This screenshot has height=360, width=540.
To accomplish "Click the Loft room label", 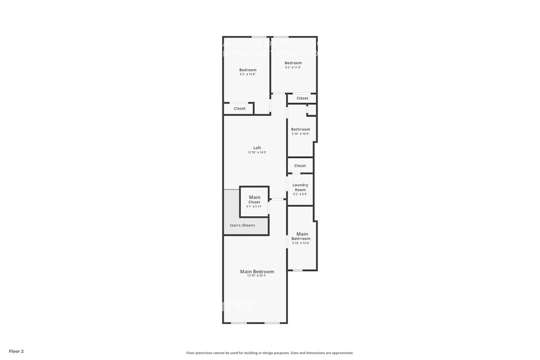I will click(257, 148).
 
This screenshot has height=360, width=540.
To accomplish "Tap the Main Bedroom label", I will click(257, 272).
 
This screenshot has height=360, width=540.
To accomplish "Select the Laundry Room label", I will click(300, 187).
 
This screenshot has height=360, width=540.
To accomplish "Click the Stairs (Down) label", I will click(242, 225).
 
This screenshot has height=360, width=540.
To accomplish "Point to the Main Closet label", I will click(254, 199).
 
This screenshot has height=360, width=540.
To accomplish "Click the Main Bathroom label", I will click(301, 236).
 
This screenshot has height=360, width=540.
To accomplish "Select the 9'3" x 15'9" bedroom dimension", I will click(248, 74).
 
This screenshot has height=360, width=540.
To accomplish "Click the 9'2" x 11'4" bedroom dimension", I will click(293, 68).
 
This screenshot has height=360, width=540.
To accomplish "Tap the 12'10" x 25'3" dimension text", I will click(256, 276).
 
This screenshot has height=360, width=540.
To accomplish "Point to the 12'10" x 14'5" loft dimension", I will click(257, 152).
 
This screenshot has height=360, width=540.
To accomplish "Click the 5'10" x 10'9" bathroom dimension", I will click(300, 134).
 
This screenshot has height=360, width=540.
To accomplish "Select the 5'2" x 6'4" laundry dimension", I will click(300, 194).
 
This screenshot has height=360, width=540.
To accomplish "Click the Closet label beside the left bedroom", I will click(240, 108).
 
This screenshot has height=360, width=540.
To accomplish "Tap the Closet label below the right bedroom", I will click(302, 98).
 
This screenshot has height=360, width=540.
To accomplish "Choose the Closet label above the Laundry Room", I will click(300, 166).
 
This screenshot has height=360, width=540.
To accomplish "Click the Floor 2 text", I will click(16, 351).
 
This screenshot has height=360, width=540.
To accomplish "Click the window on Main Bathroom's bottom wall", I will click(298, 270).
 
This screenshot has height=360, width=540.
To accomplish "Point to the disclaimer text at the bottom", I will click(270, 353).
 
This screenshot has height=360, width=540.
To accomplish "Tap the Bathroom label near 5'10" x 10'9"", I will click(300, 129).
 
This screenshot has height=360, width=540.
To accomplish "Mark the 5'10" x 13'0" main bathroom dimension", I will click(301, 243).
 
